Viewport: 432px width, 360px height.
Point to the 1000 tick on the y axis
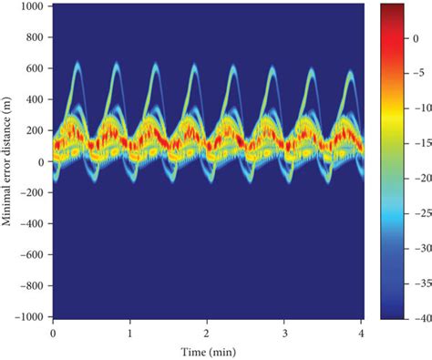pos(35,5)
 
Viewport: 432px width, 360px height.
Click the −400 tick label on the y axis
pos(33,224)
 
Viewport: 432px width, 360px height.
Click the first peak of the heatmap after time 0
pos(77,64)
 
